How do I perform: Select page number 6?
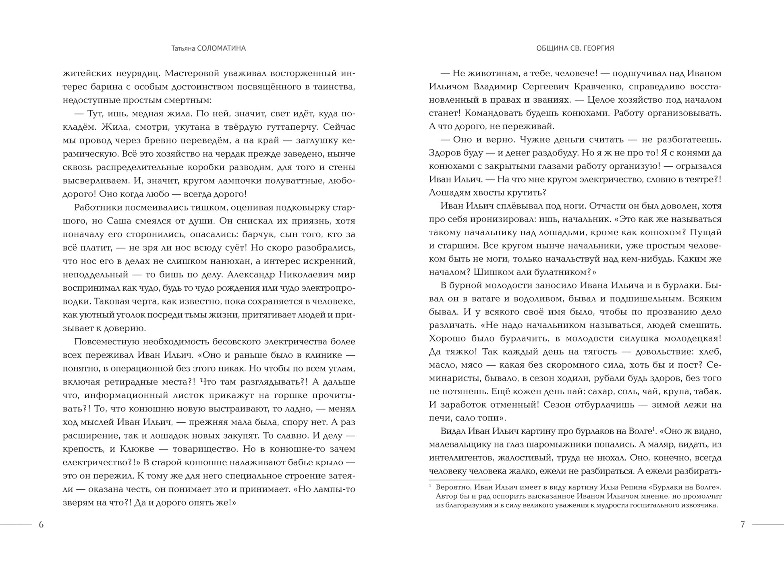pyautogui.click(x=41, y=524)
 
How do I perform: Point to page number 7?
pyautogui.click(x=743, y=524)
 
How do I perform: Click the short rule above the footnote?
pyautogui.click(x=460, y=480)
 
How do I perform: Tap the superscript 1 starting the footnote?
pyautogui.click(x=430, y=486)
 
